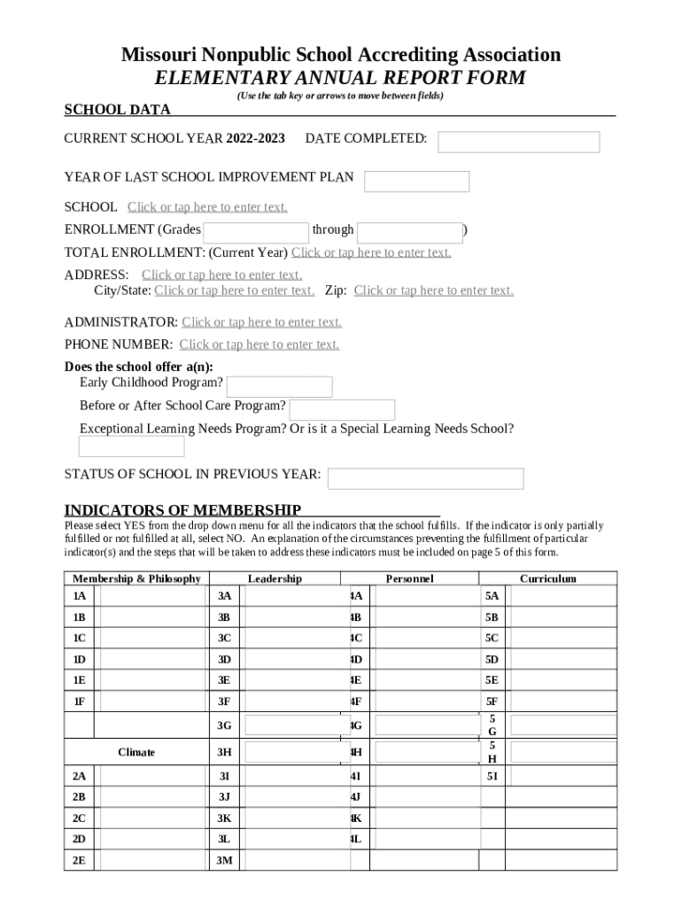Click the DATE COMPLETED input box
pyautogui.click(x=518, y=142)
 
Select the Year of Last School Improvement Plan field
pyautogui.click(x=416, y=182)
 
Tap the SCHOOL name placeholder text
pyautogui.click(x=207, y=207)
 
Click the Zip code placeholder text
pyautogui.click(x=433, y=291)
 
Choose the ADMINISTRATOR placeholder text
pyautogui.click(x=261, y=322)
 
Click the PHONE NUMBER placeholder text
pyautogui.click(x=259, y=345)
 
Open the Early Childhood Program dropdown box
pyautogui.click(x=279, y=387)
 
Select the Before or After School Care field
pyautogui.click(x=342, y=410)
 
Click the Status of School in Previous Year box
pyautogui.click(x=425, y=478)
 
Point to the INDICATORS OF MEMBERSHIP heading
pyautogui.click(x=182, y=510)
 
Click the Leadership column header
pyautogui.click(x=275, y=578)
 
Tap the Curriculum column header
pyautogui.click(x=547, y=578)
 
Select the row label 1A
pyautogui.click(x=79, y=596)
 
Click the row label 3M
pyautogui.click(x=224, y=860)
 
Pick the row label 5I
pyautogui.click(x=492, y=776)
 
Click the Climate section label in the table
pyautogui.click(x=136, y=752)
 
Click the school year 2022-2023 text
pyautogui.click(x=255, y=139)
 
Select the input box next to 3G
pyautogui.click(x=291, y=725)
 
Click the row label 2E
pyautogui.click(x=79, y=860)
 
